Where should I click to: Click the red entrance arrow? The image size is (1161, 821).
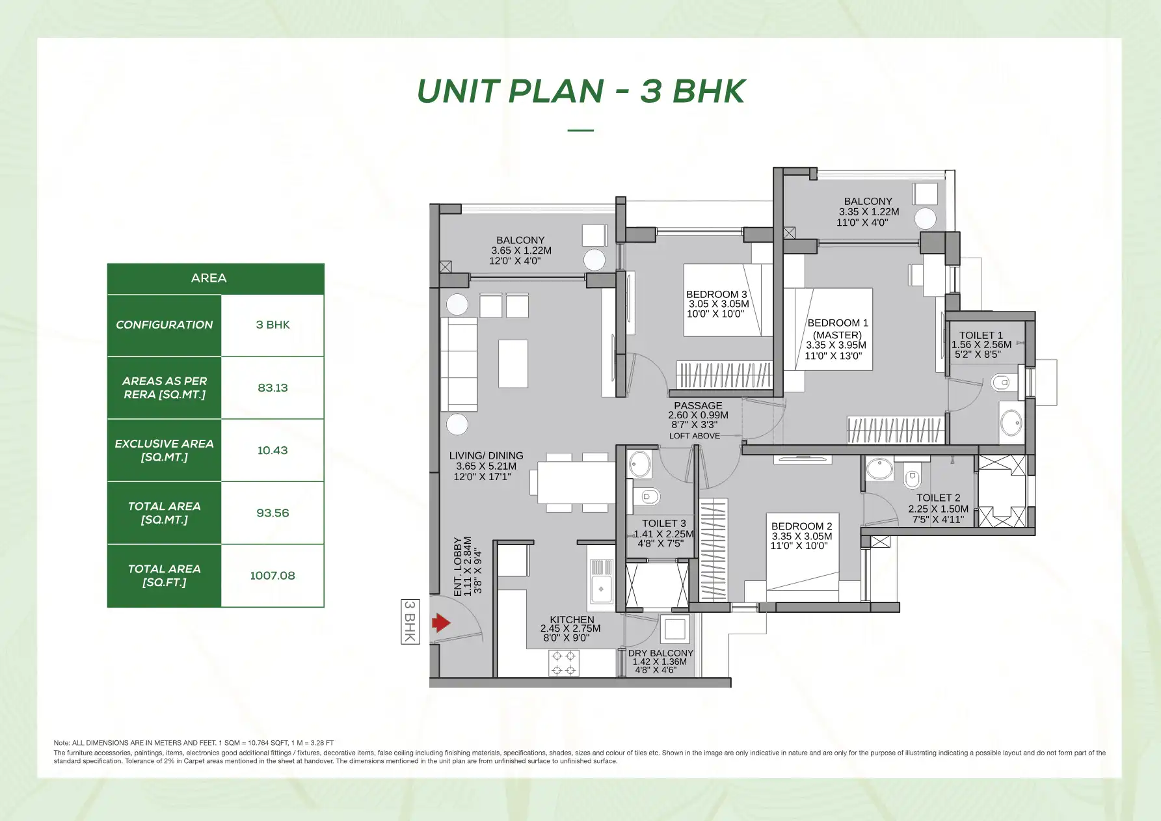click(441, 623)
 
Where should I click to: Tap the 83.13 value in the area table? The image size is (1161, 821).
click(273, 388)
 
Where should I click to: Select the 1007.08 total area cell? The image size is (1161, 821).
click(273, 576)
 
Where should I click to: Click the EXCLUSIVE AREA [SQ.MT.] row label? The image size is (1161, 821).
click(164, 450)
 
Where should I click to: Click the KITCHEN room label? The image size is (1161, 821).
click(572, 620)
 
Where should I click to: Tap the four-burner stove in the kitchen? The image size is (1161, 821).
click(563, 663)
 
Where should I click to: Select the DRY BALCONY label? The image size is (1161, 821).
click(660, 653)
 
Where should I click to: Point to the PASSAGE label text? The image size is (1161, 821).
click(698, 405)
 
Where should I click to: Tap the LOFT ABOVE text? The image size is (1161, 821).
click(694, 436)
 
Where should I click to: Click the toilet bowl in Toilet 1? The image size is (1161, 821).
click(1002, 383)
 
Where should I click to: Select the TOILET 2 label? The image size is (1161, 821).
click(938, 498)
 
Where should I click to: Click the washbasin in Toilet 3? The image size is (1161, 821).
click(639, 464)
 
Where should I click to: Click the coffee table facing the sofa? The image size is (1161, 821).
click(513, 363)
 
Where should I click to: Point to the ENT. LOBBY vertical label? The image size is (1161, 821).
click(458, 566)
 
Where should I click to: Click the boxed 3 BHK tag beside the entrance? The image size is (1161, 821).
click(410, 621)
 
